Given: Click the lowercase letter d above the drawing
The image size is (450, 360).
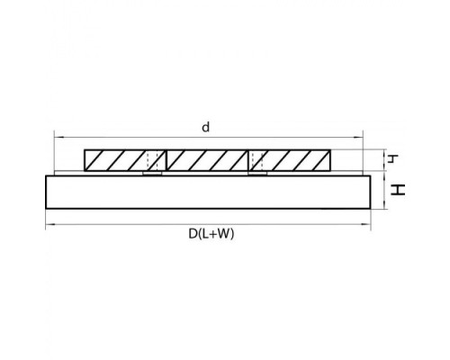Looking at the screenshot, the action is point(205,128).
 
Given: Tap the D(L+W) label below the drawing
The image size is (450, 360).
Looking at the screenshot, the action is point(211,234).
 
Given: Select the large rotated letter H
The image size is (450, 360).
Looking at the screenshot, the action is point(398,190).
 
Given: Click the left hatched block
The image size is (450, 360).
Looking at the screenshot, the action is point(125,160).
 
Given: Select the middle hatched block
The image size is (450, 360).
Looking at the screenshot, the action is point(207,160).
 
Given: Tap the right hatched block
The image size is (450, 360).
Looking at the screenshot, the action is point(290,160).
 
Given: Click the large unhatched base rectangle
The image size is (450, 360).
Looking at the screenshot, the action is point(208,192).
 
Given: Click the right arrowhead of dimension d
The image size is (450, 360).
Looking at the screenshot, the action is point(359,138).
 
